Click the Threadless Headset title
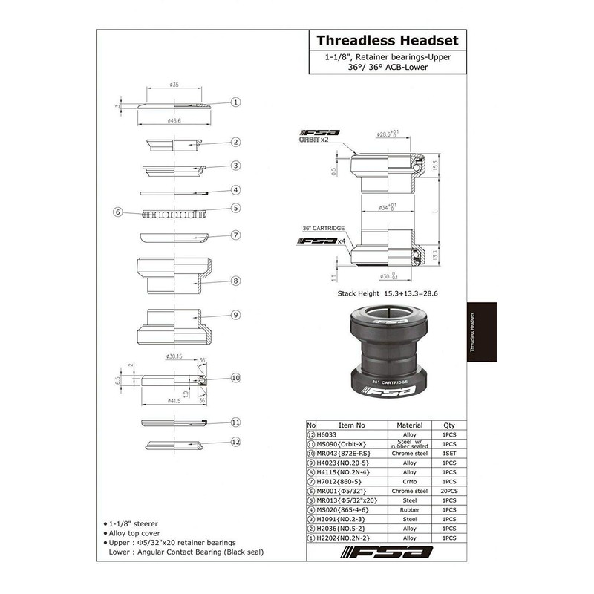[x=387, y=40]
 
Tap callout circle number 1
[x=235, y=103]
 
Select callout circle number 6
[x=117, y=212]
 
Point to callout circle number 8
[x=235, y=281]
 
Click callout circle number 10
[x=235, y=378]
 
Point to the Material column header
[x=410, y=425]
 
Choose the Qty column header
[x=448, y=425]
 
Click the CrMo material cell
[x=410, y=481]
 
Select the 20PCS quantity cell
[x=448, y=491]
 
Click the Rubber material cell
[x=410, y=509]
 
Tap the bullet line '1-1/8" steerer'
[x=134, y=524]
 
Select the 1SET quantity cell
[x=448, y=453]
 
